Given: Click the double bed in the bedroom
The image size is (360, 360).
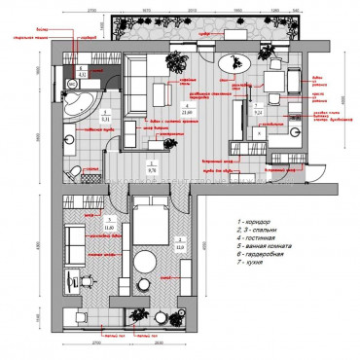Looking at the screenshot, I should point(151,224).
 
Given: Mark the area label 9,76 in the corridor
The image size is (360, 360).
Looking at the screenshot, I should point(151,166).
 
